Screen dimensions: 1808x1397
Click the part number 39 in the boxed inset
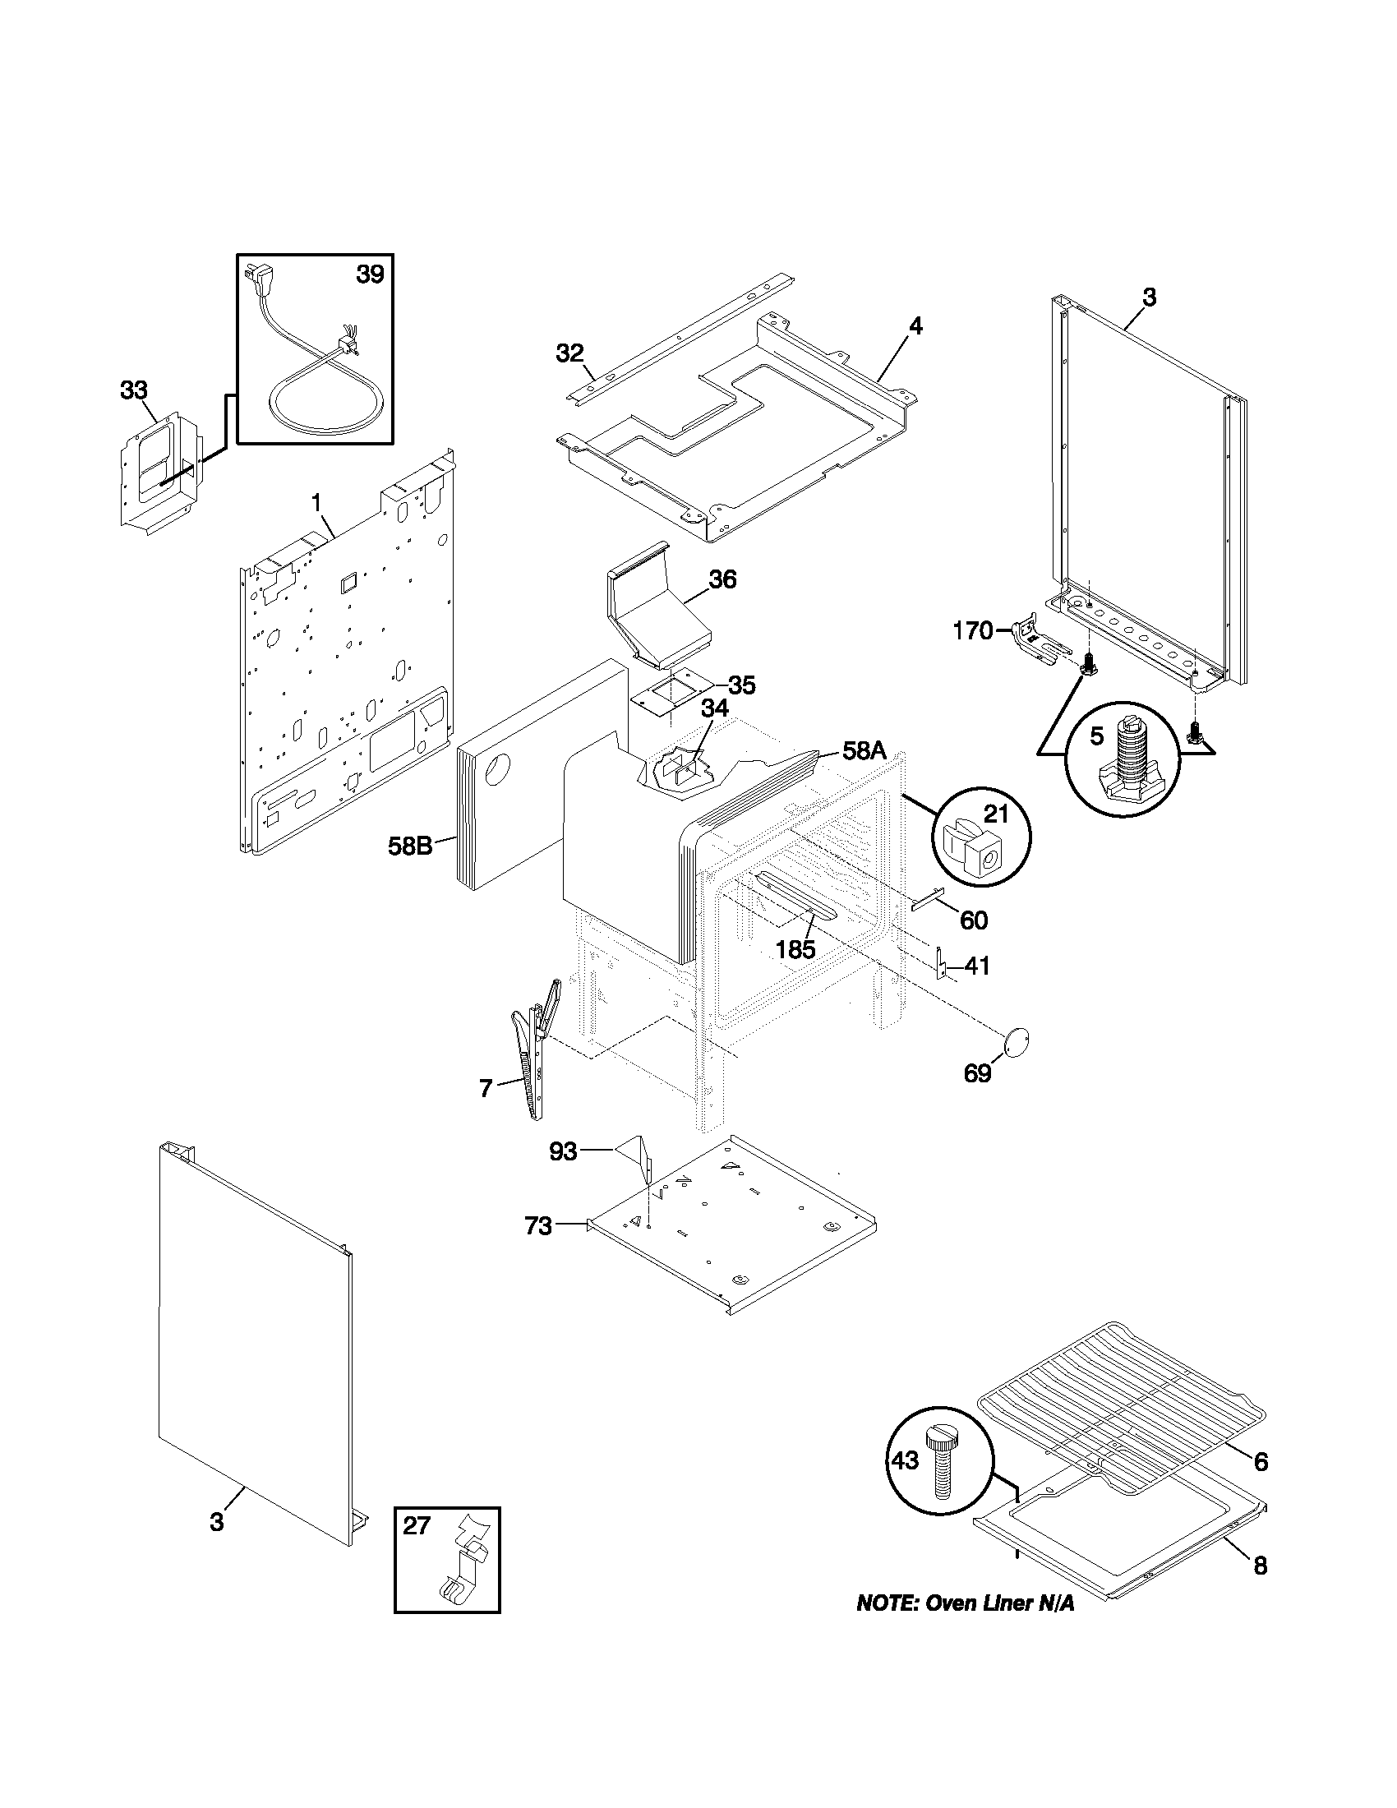coord(370,274)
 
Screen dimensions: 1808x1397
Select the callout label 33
coord(134,390)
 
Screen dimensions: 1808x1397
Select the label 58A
coord(864,752)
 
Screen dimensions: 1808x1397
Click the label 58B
coord(411,846)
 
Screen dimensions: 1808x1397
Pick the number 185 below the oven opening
coord(795,949)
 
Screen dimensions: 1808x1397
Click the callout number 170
coord(972,632)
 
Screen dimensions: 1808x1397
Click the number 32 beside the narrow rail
coord(569,353)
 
